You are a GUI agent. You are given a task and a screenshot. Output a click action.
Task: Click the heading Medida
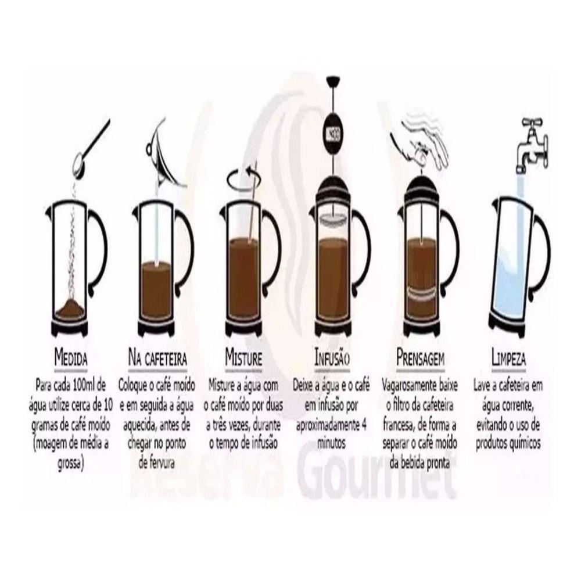(x=71, y=357)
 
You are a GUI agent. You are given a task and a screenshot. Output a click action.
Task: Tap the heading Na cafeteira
(x=157, y=357)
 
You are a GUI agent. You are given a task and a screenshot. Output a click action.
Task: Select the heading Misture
(x=244, y=357)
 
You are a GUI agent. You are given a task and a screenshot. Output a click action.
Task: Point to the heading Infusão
(x=332, y=357)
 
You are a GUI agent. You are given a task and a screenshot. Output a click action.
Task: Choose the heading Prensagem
(x=420, y=357)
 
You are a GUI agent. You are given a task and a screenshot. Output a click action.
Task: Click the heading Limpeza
(x=508, y=357)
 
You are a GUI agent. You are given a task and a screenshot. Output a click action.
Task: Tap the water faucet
(x=532, y=145)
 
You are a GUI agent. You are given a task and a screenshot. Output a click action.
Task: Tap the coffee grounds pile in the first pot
(x=70, y=309)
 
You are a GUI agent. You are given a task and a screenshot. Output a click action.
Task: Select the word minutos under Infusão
(x=332, y=443)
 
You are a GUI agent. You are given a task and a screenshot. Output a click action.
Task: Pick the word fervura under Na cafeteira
(x=156, y=463)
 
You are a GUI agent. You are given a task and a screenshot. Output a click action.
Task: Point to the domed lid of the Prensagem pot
(x=421, y=189)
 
